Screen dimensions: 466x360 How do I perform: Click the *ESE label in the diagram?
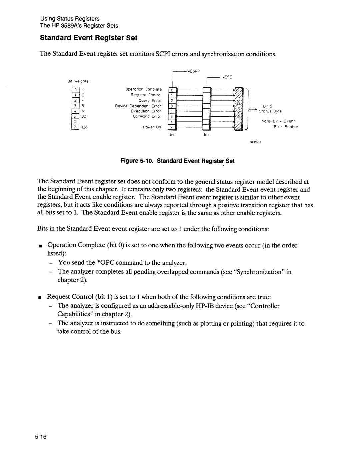point(227,77)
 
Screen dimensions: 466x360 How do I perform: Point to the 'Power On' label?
point(154,127)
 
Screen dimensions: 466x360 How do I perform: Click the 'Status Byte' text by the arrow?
point(270,111)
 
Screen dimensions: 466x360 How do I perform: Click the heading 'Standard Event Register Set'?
point(88,38)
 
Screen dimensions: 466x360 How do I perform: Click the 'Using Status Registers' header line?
point(69,19)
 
